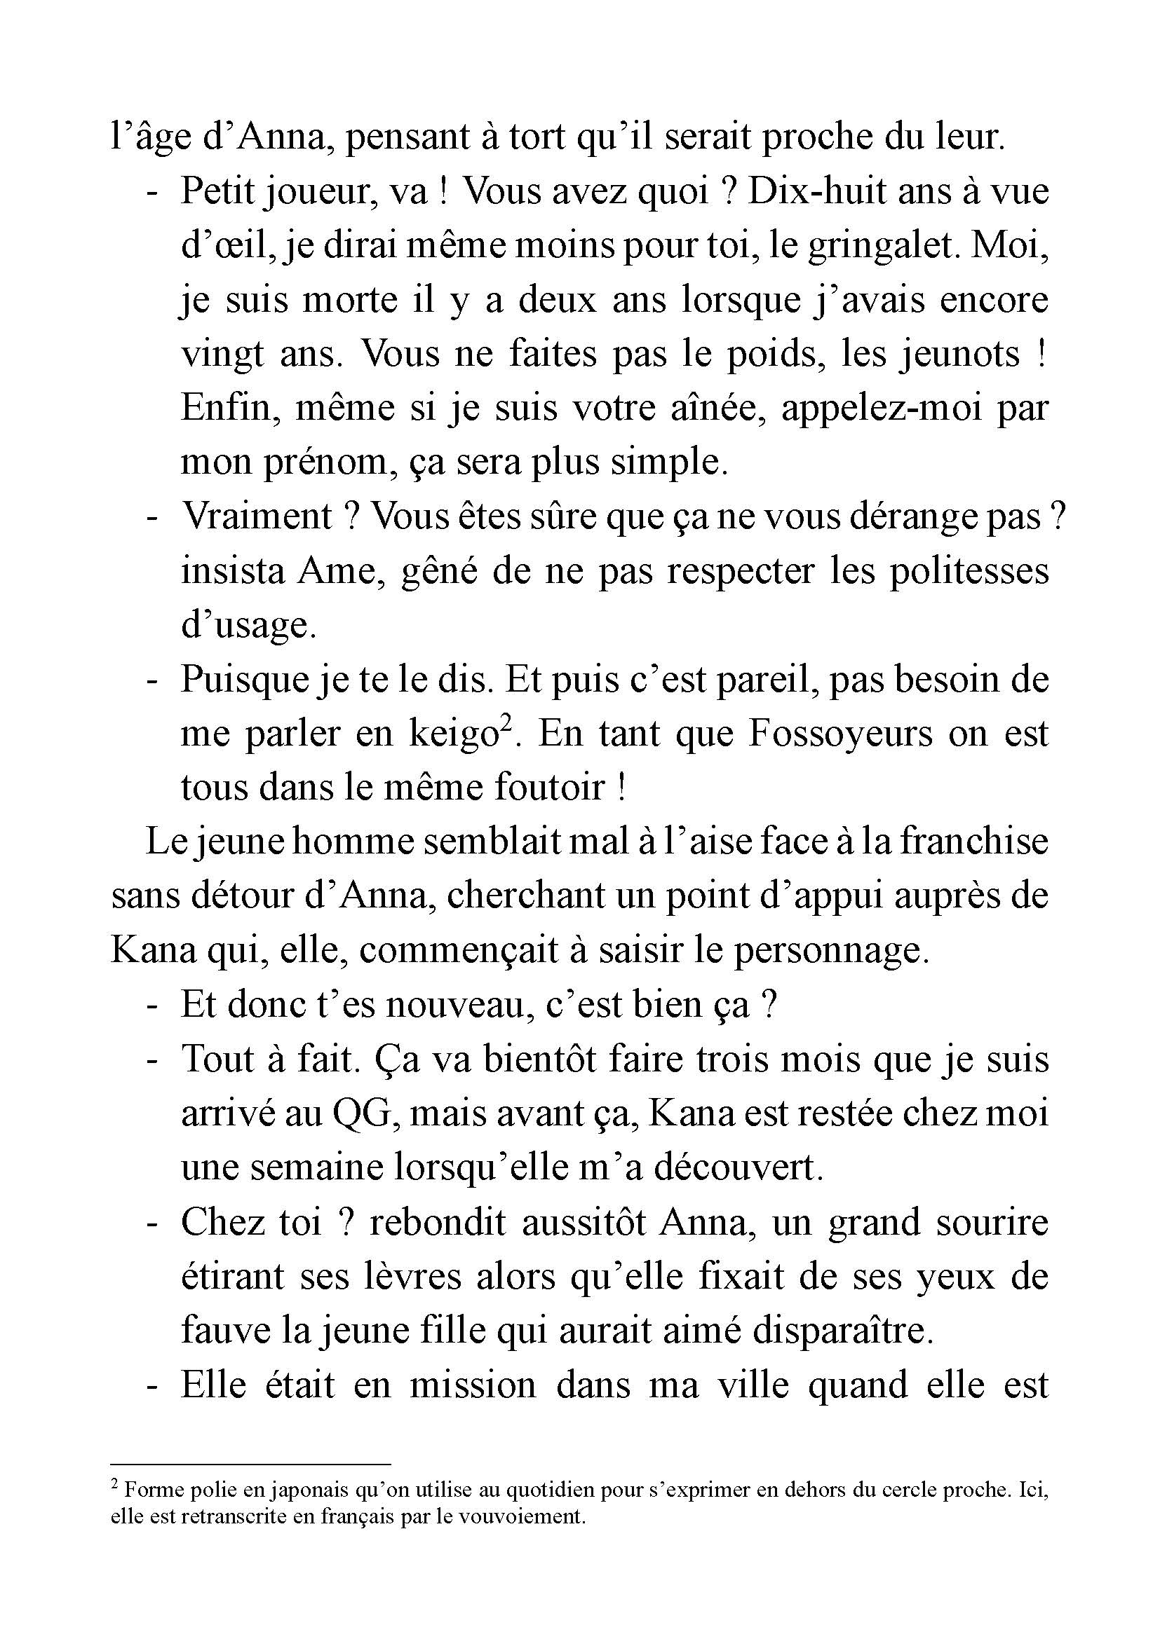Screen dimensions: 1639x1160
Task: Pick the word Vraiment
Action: coord(257,516)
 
